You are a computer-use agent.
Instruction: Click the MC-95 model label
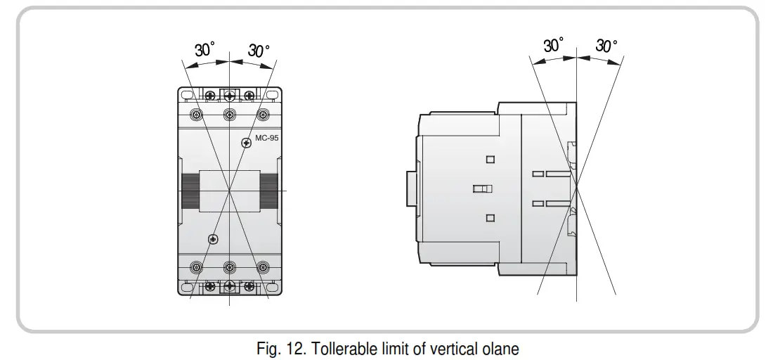tap(266, 139)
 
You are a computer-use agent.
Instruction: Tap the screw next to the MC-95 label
tap(246, 143)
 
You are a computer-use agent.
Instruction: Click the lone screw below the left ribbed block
tap(212, 240)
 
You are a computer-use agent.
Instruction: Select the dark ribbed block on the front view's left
tap(189, 191)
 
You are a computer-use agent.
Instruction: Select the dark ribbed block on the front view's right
tap(268, 191)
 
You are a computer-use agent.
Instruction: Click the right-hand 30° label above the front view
tap(259, 51)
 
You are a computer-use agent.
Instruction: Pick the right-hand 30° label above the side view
tap(606, 46)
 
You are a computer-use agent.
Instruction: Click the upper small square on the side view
tap(491, 160)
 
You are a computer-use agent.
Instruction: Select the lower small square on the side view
tap(491, 218)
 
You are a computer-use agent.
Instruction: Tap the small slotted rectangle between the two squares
tap(483, 188)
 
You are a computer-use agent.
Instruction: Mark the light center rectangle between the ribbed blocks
tap(229, 191)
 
